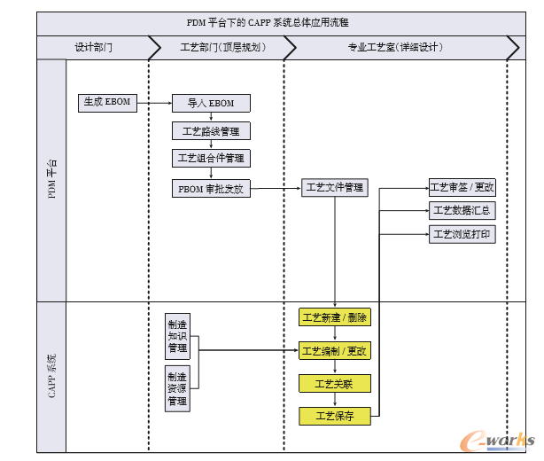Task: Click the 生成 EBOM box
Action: click(106, 102)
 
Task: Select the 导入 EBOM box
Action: click(210, 103)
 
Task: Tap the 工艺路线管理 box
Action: click(210, 131)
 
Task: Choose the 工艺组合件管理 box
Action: click(210, 159)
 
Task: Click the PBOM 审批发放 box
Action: click(210, 188)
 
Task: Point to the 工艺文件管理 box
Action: click(334, 188)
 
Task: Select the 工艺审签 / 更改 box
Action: click(462, 187)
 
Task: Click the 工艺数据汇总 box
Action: click(462, 211)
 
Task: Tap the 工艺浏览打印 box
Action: click(462, 235)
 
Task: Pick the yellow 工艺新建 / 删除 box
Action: click(334, 317)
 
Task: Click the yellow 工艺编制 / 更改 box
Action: click(334, 351)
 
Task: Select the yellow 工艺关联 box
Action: click(334, 384)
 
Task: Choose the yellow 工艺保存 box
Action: click(334, 416)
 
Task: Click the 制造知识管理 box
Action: click(177, 336)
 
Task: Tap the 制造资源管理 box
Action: click(177, 388)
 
